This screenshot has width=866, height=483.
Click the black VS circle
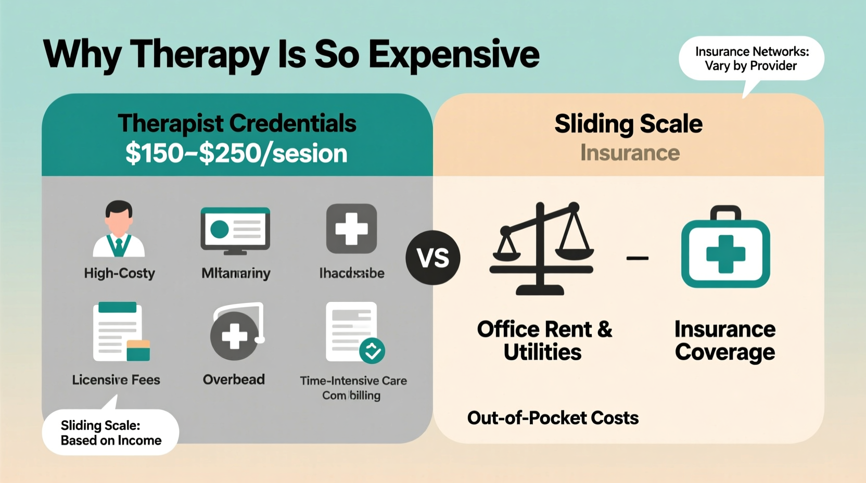pyautogui.click(x=433, y=258)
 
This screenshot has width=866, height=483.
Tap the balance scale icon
pyautogui.click(x=541, y=248)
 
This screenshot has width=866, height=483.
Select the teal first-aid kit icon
pyautogui.click(x=725, y=248)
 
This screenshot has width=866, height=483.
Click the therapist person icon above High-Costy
pyautogui.click(x=119, y=229)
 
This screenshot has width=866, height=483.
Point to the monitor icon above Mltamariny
pyautogui.click(x=235, y=231)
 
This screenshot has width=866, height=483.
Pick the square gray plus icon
pyautogui.click(x=351, y=228)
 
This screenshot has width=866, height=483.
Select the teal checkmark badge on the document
pyautogui.click(x=372, y=351)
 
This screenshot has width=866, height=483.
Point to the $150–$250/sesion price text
pyautogui.click(x=236, y=154)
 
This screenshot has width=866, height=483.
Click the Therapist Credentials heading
pyautogui.click(x=237, y=124)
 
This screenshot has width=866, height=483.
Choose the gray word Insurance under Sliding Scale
pyautogui.click(x=630, y=153)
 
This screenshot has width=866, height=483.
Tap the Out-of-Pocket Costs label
pyautogui.click(x=553, y=418)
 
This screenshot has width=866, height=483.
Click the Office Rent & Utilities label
pyautogui.click(x=544, y=340)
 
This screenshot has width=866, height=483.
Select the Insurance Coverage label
pyautogui.click(x=725, y=340)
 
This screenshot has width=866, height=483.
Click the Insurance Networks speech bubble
pyautogui.click(x=751, y=58)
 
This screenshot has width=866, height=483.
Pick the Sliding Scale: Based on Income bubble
pyautogui.click(x=111, y=433)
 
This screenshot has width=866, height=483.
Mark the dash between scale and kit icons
pyautogui.click(x=637, y=258)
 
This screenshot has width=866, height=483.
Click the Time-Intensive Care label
pyautogui.click(x=353, y=380)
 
